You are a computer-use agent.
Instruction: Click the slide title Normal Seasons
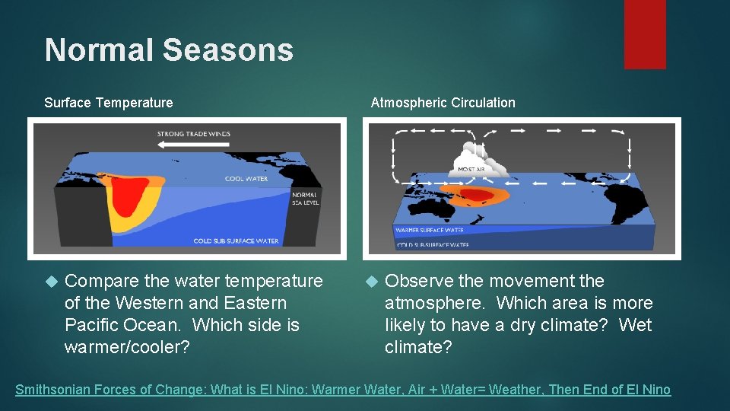(x=169, y=50)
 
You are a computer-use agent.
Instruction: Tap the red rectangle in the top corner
(x=645, y=34)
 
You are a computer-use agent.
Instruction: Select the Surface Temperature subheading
(x=109, y=103)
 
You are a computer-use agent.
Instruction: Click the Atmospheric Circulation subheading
(x=443, y=103)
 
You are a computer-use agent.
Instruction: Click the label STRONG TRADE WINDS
(x=193, y=134)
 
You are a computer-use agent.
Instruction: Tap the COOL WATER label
(x=246, y=179)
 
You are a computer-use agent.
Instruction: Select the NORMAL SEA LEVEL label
(x=306, y=198)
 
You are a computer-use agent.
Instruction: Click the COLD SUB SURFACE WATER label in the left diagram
(x=236, y=241)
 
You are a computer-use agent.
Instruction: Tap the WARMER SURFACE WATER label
(x=429, y=230)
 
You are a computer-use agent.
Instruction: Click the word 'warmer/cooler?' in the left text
(x=127, y=347)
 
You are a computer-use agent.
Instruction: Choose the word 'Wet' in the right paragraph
(x=636, y=325)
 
